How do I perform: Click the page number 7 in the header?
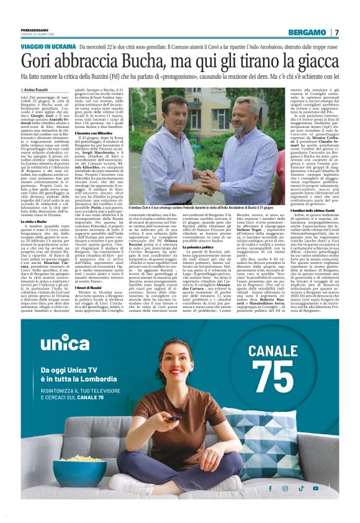(x=336, y=32)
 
